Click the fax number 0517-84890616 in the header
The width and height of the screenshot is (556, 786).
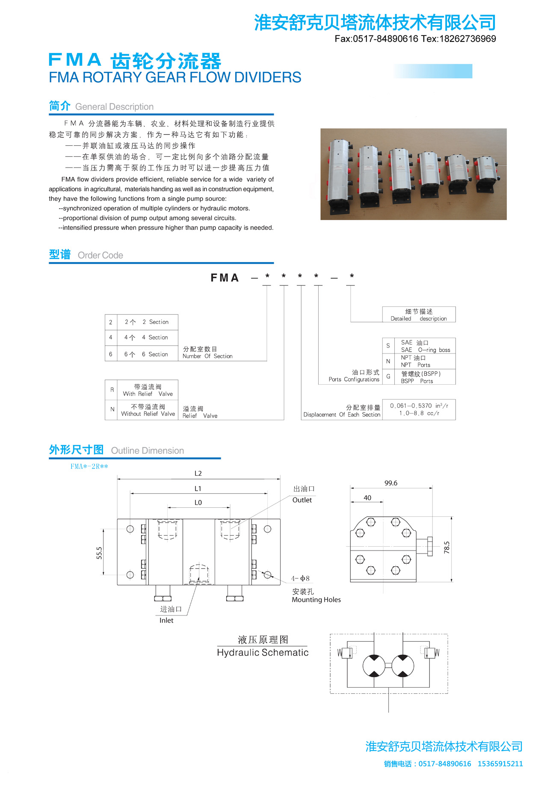[x=385, y=39]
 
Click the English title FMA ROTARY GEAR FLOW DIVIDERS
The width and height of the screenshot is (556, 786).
[x=175, y=77]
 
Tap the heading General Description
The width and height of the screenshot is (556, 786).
[x=114, y=107]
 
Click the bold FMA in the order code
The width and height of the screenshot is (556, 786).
[x=225, y=278]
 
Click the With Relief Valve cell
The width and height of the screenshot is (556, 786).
[x=148, y=390]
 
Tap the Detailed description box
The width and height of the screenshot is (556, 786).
[x=419, y=315]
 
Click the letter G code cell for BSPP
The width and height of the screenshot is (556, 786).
[x=388, y=377]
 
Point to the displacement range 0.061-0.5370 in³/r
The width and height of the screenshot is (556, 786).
[x=419, y=406]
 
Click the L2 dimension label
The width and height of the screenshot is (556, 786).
[x=198, y=474]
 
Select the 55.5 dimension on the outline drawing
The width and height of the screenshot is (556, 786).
[x=99, y=553]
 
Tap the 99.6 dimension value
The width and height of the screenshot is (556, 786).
[x=391, y=483]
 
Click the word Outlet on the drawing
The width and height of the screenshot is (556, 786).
[x=302, y=500]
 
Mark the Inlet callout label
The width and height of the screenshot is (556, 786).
[x=166, y=621]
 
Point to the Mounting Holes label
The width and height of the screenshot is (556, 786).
[x=316, y=600]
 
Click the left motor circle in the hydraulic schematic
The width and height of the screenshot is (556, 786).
[x=375, y=665]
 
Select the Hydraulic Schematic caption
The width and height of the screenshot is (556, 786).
[x=263, y=653]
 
